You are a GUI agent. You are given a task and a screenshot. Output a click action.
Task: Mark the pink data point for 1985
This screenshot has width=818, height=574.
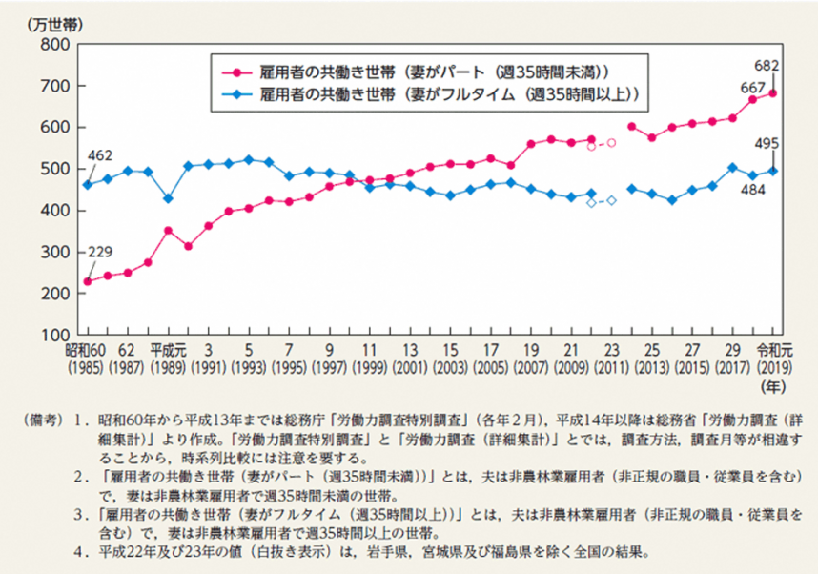point(87,281)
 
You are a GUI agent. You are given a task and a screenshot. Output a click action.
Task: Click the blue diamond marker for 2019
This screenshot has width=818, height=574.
point(772,171)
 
